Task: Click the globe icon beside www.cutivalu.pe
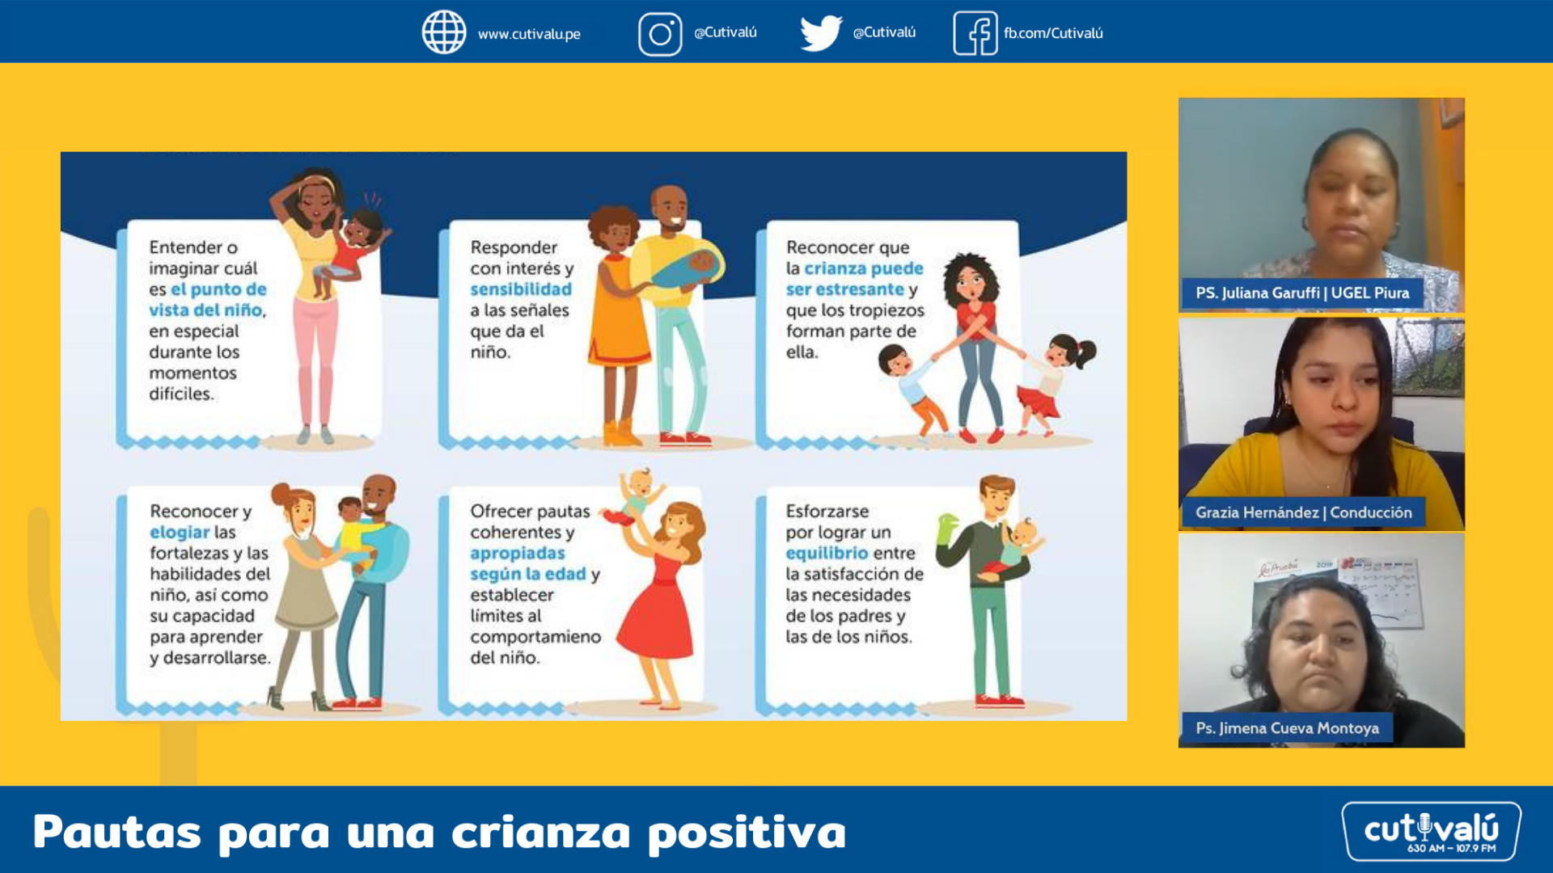pos(444,32)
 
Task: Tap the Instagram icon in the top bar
pos(660,34)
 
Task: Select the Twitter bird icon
pos(820,33)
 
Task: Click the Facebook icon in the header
pos(975,33)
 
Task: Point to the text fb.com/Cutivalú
pos(1053,33)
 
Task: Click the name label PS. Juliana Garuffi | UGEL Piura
pos(1302,293)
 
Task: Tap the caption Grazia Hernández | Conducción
pos(1303,512)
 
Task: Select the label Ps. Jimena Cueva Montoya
pos(1287,728)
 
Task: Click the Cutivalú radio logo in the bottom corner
pos(1431,831)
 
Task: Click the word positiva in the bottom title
pos(747,833)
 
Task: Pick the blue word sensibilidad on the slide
pos(521,289)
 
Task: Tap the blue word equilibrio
pos(827,553)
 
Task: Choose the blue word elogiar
pos(180,532)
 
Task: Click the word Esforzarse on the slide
pos(827,511)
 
